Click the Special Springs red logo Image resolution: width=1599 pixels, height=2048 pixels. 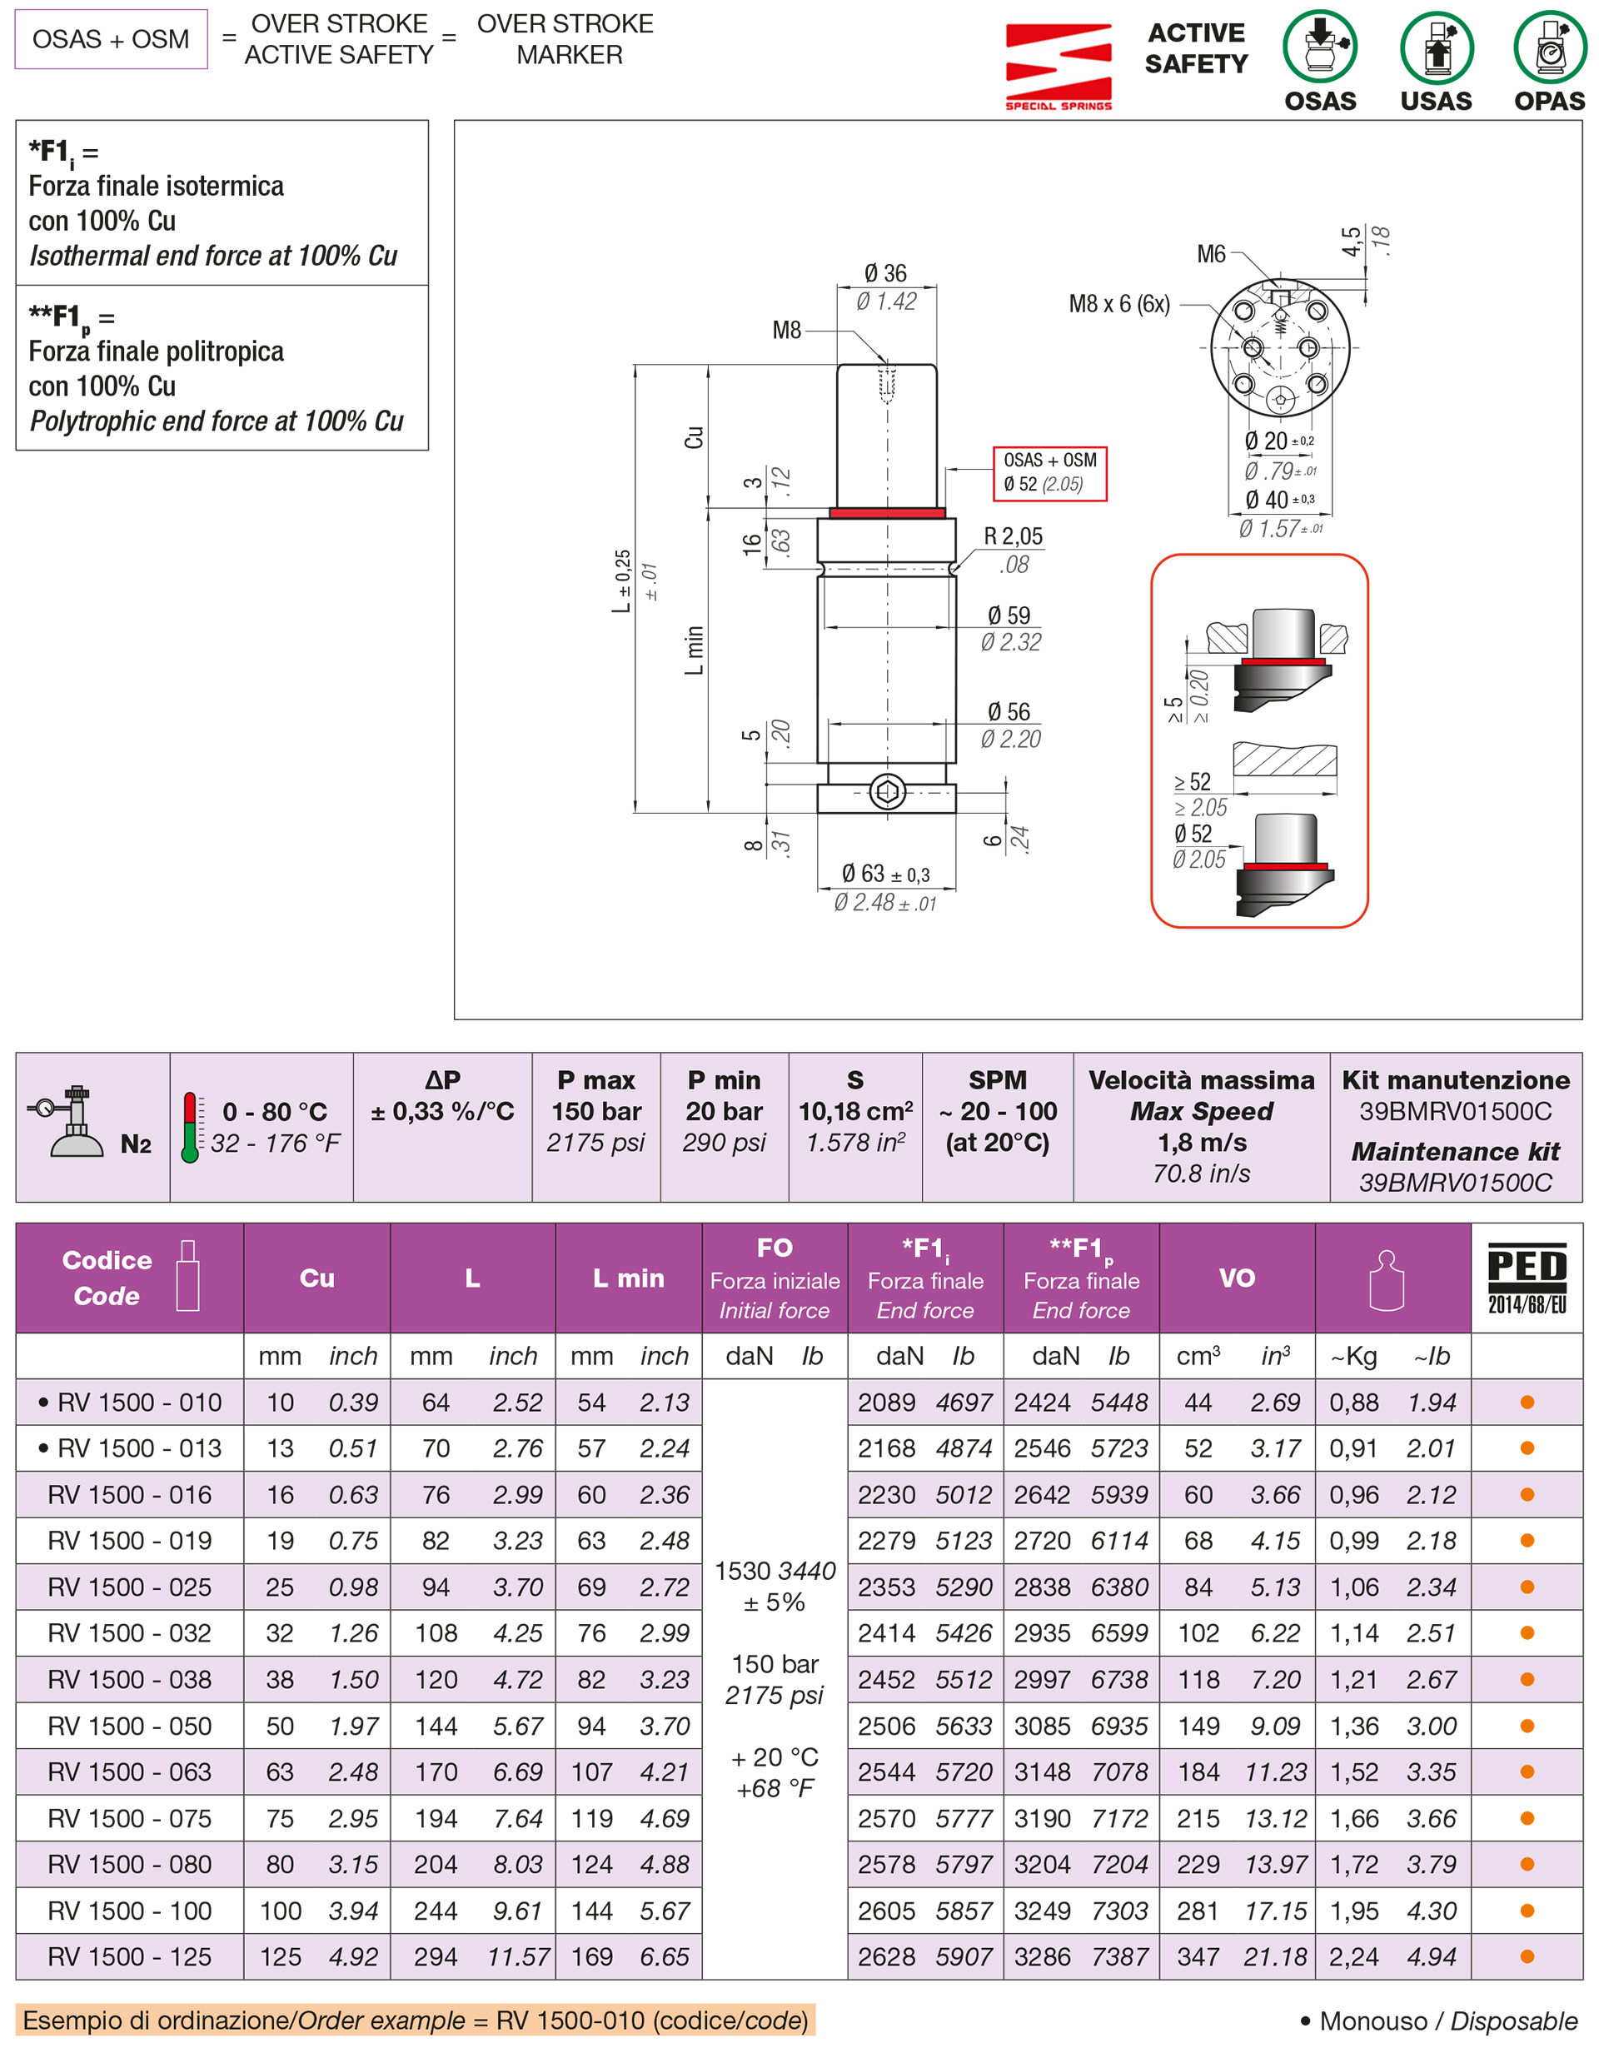[x=1058, y=66]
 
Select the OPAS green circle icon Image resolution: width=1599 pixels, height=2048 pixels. [x=1548, y=46]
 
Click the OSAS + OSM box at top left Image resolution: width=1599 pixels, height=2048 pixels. [x=111, y=39]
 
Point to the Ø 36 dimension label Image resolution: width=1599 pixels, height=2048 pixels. [x=884, y=273]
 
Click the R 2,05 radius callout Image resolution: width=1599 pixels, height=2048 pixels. [x=1012, y=536]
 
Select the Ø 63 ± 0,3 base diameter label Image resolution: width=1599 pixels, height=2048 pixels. [x=884, y=874]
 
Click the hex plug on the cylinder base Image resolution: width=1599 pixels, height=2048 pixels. [x=886, y=792]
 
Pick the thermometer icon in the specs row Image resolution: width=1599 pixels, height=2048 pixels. [x=191, y=1126]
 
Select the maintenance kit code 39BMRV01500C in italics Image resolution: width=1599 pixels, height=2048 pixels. [x=1455, y=1183]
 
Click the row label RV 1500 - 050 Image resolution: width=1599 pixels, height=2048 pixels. [x=129, y=1726]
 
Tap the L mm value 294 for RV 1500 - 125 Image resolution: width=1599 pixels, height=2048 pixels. [x=436, y=1957]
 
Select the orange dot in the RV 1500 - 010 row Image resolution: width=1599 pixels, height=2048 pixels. [x=1526, y=1402]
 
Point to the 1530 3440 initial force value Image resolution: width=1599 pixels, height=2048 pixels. [x=774, y=1571]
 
